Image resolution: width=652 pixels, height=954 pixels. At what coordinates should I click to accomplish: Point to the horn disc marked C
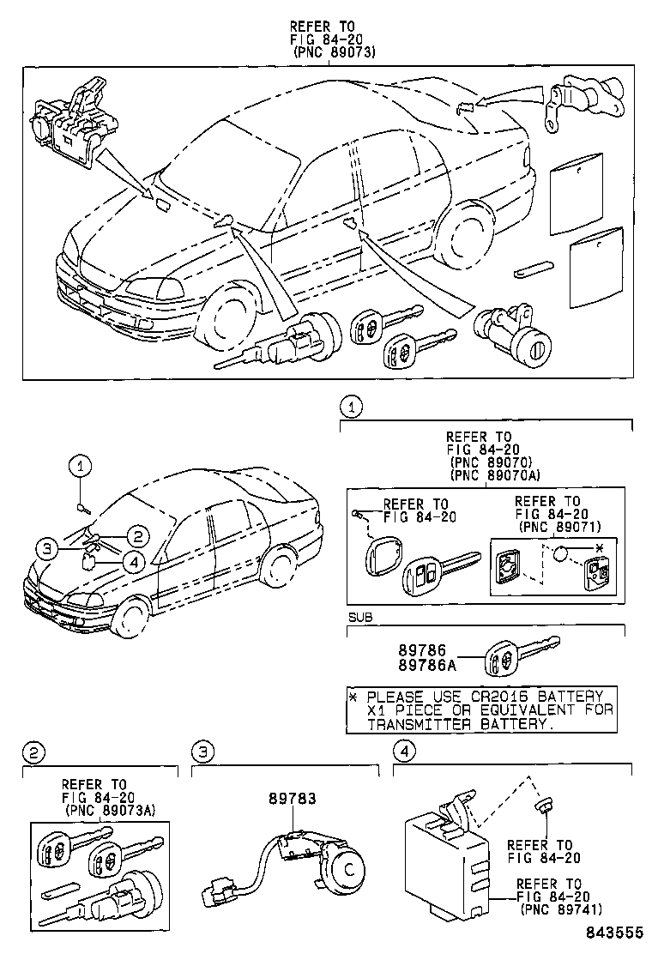pyautogui.click(x=348, y=868)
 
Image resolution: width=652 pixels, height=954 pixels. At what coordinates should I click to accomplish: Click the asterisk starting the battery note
pyautogui.click(x=353, y=696)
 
